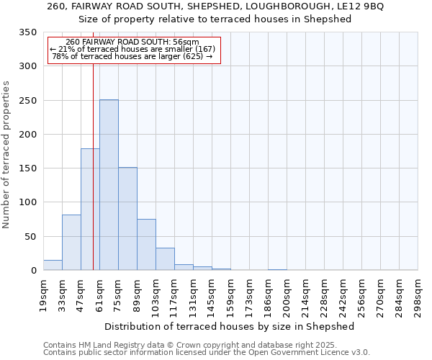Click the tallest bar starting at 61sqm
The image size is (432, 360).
[109, 185]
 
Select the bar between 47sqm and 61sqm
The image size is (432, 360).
[90, 210]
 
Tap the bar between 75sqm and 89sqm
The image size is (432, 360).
[127, 219]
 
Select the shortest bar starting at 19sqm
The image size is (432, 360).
[53, 265]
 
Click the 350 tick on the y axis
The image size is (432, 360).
[27, 32]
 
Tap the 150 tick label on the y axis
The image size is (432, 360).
[27, 168]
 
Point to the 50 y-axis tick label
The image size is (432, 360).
[30, 237]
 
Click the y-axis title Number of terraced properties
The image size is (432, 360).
[6, 155]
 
